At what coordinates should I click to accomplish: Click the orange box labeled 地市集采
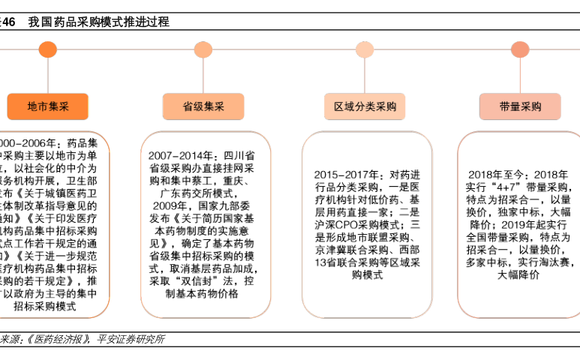tap(48, 107)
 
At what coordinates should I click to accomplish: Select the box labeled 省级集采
tap(203, 107)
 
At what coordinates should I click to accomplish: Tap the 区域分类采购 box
tap(365, 107)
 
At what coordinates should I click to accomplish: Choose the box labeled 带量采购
tap(520, 107)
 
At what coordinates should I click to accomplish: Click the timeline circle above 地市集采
tap(48, 50)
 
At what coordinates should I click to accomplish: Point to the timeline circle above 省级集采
tap(203, 50)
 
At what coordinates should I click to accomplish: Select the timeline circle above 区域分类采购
tap(365, 50)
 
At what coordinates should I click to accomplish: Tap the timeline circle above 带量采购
tap(520, 50)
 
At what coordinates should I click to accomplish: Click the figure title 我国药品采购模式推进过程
tap(98, 22)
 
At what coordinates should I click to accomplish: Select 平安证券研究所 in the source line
tap(131, 340)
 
